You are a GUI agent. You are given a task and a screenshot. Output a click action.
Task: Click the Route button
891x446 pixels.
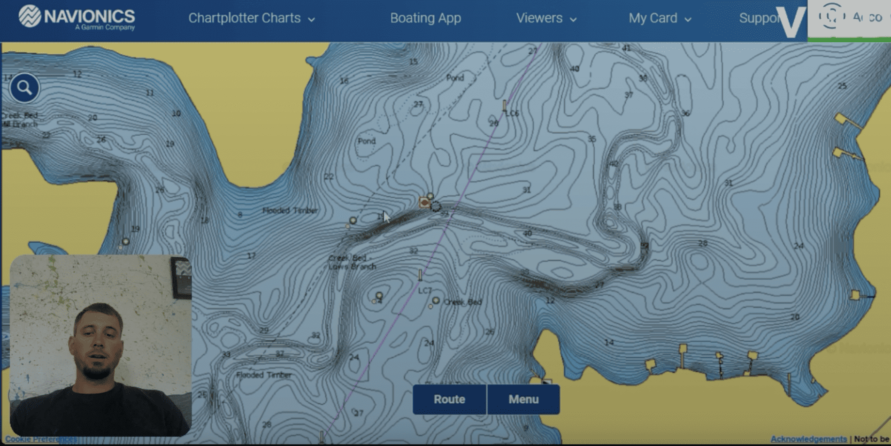(x=449, y=399)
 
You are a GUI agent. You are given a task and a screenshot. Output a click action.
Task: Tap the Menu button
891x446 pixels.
(x=523, y=399)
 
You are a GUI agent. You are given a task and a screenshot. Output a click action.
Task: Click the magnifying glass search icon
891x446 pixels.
(x=24, y=88)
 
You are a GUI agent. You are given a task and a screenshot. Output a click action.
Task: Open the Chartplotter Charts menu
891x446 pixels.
(x=251, y=18)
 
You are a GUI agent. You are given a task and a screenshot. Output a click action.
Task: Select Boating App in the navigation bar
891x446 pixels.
(x=425, y=18)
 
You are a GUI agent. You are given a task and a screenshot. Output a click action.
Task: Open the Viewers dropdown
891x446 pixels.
(x=546, y=18)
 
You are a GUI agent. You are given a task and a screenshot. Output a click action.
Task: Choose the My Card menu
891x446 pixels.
(x=660, y=18)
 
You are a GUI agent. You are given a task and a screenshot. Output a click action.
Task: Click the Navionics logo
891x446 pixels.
(x=77, y=17)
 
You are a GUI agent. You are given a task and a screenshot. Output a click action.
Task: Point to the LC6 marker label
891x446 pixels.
(x=512, y=113)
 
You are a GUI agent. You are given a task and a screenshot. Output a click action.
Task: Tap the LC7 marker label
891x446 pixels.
(x=425, y=291)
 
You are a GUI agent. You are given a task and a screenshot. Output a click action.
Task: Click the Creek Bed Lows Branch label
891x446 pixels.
(x=352, y=262)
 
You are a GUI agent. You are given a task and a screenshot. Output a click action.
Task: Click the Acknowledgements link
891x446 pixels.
(x=808, y=439)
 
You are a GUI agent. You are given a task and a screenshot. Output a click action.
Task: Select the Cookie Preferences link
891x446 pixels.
(x=41, y=439)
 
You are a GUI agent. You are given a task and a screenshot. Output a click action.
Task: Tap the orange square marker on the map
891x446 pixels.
(x=424, y=202)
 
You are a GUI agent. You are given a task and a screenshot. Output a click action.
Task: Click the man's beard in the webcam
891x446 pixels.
(x=97, y=371)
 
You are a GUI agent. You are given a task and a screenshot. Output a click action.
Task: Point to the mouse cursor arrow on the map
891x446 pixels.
(x=386, y=217)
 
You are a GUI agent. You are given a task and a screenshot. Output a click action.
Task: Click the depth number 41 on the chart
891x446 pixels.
(x=626, y=48)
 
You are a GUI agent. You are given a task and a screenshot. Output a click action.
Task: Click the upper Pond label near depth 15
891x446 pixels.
(x=455, y=77)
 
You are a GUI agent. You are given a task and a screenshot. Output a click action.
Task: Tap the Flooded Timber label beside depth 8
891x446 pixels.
(x=290, y=210)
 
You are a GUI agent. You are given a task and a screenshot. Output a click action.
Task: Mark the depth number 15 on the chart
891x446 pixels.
(x=413, y=62)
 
